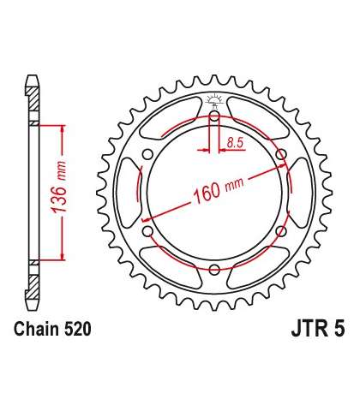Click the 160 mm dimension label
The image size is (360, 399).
[x=219, y=188]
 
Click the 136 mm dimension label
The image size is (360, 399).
[x=59, y=187]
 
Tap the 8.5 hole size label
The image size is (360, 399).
[x=235, y=142]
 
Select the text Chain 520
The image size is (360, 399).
[x=52, y=329]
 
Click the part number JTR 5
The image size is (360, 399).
[x=318, y=329]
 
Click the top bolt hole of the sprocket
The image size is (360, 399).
[x=214, y=116]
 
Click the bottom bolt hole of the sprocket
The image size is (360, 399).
[x=214, y=270]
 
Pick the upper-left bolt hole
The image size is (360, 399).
[x=147, y=154]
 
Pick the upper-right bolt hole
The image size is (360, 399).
[x=281, y=154]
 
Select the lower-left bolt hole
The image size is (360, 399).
[x=147, y=231]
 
